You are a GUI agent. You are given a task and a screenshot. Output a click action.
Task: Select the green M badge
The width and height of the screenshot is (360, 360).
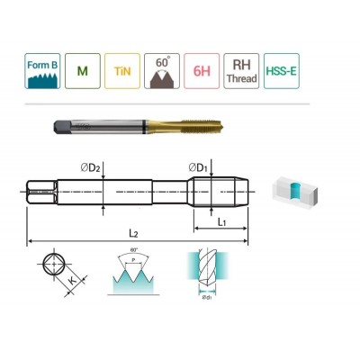84,73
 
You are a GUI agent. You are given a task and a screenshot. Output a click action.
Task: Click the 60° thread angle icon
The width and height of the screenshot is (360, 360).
161,73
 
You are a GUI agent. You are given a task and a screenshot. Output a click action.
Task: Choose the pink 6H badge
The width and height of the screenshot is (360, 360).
201,73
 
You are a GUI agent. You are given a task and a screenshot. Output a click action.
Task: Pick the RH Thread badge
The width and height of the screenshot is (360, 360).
240,73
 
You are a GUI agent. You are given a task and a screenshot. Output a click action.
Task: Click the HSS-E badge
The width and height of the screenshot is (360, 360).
280,73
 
